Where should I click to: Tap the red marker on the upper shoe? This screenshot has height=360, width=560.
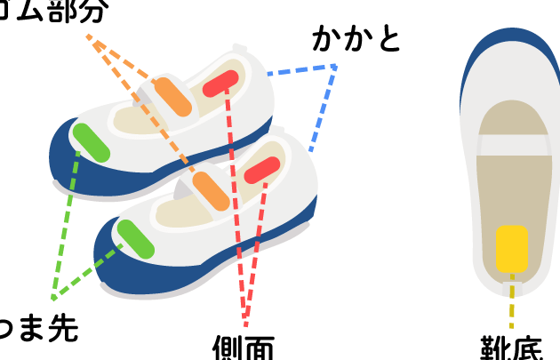pos(220,83)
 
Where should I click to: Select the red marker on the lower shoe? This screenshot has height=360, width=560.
pos(263,168)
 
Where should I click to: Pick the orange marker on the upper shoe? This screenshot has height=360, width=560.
pos(172,97)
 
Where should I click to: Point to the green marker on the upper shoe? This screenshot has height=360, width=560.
pos(91,143)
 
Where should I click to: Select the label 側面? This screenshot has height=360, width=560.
pos(243,347)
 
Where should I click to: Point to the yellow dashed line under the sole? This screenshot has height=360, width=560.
pos(511,302)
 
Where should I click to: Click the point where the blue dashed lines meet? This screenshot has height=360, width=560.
pos(335,67)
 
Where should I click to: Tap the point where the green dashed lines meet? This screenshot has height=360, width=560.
pos(53,298)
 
